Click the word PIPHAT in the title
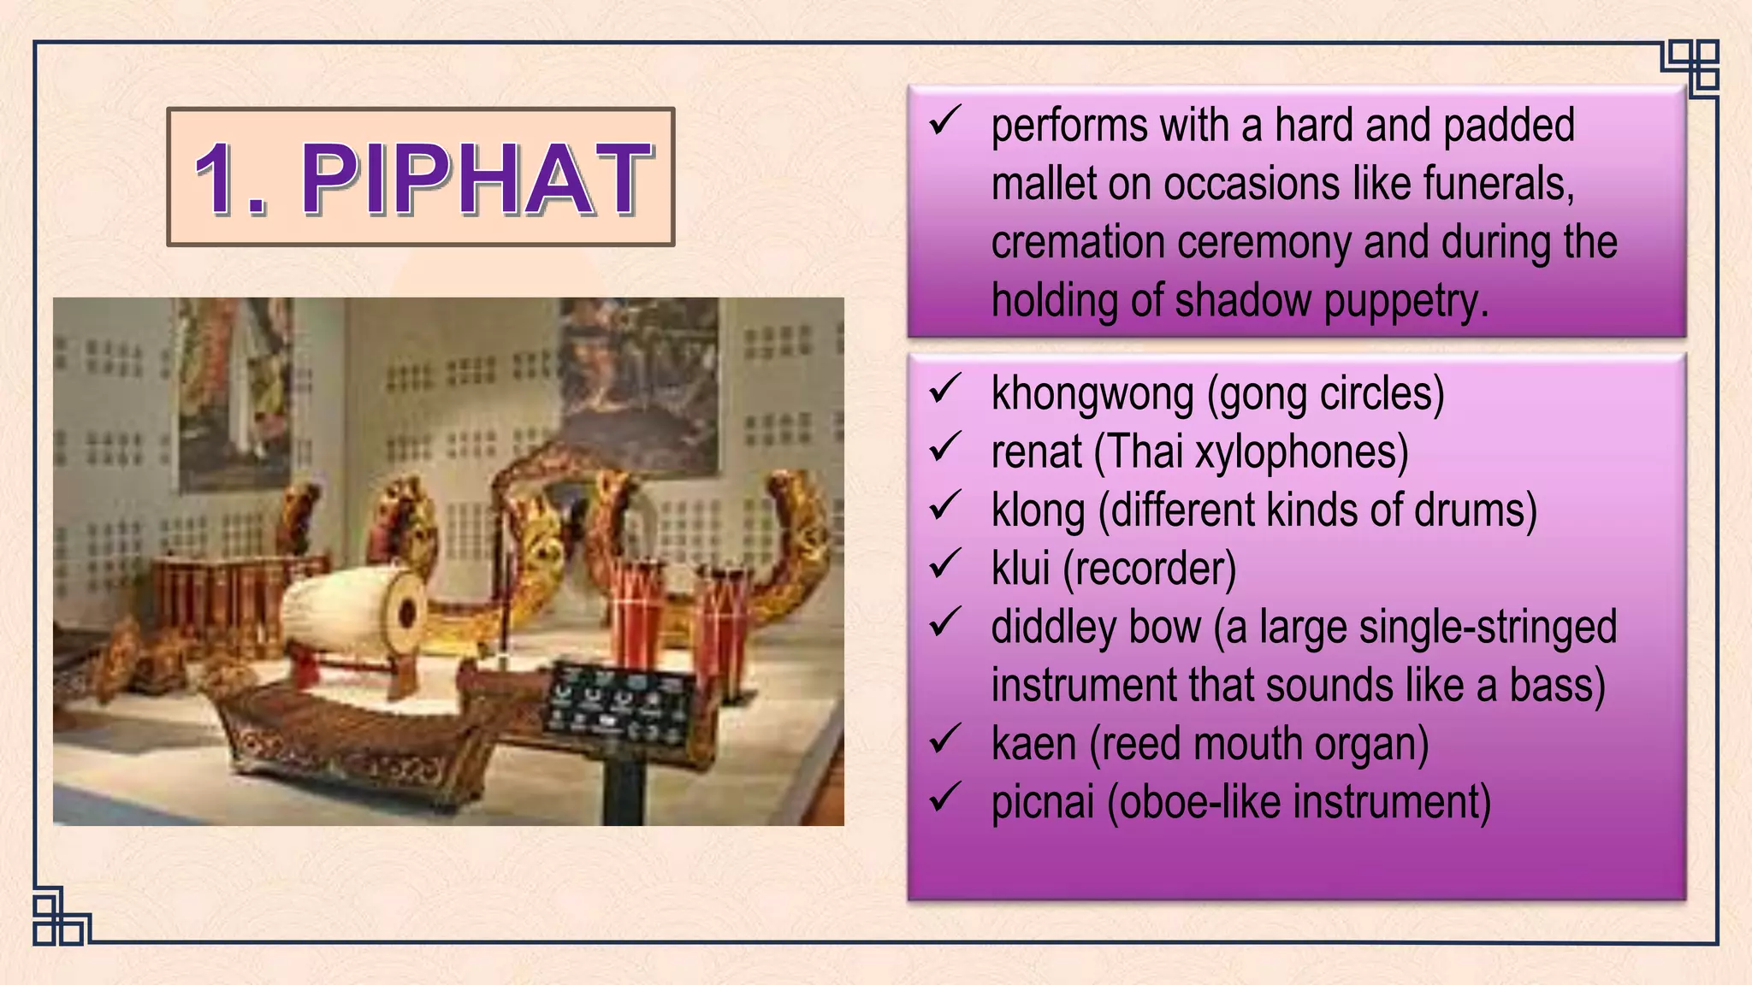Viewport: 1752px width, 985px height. [x=476, y=179]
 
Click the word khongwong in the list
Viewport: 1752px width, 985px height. [x=1092, y=394]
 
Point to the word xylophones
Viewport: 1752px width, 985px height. [x=1300, y=452]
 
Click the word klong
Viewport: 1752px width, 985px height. [x=1038, y=510]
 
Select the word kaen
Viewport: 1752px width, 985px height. [x=1033, y=745]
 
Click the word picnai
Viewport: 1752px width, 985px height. [x=1042, y=803]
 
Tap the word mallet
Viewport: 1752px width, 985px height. [x=1043, y=184]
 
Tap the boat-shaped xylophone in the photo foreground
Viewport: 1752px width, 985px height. [x=342, y=735]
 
